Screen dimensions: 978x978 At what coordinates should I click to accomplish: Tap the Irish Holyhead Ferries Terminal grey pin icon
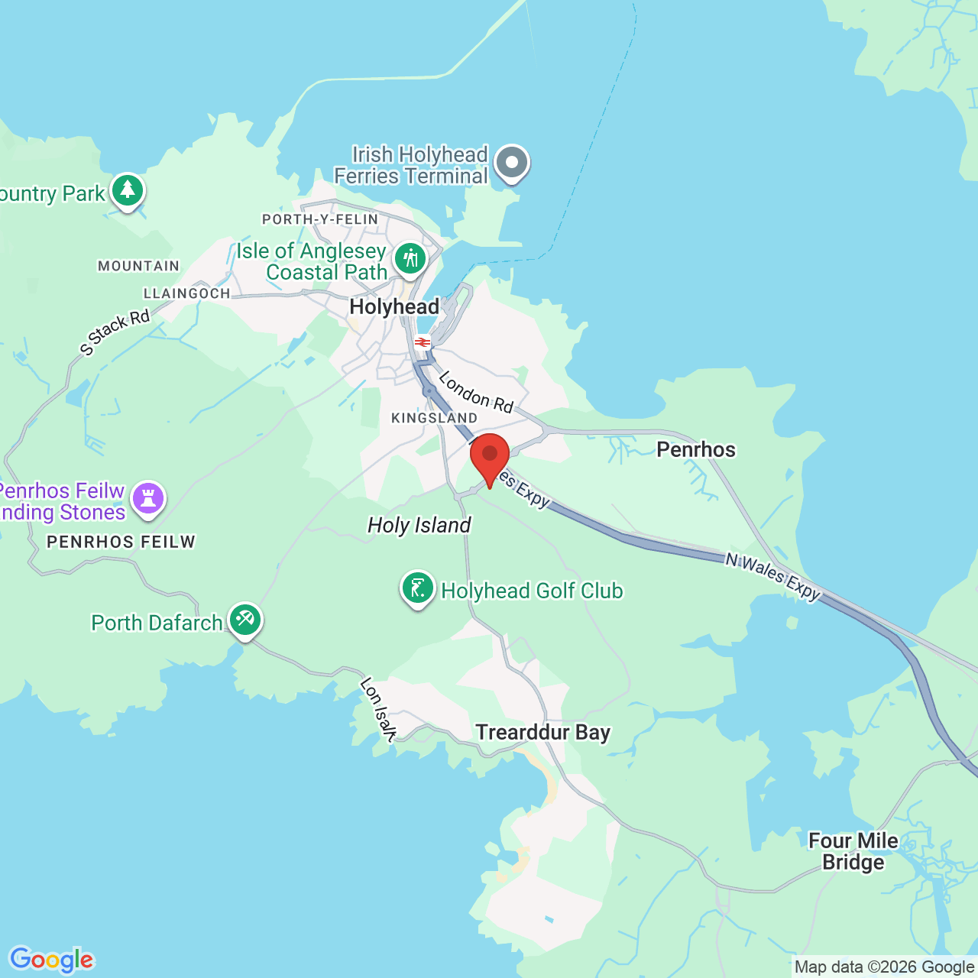[x=512, y=163]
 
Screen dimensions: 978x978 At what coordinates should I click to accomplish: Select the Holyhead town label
[x=394, y=307]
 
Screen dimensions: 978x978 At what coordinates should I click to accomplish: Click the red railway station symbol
[x=423, y=342]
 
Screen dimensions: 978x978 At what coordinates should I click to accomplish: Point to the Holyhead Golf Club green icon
[x=418, y=588]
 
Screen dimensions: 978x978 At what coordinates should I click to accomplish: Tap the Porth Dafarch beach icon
[x=244, y=620]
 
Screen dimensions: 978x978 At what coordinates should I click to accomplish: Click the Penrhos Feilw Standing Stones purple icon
[x=148, y=499]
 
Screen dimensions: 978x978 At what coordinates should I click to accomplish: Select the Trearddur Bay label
[x=543, y=733]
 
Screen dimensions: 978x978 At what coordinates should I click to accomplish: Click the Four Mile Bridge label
[x=853, y=851]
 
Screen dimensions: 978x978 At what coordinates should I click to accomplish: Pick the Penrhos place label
[x=696, y=449]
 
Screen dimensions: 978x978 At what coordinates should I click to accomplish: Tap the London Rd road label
[x=475, y=392]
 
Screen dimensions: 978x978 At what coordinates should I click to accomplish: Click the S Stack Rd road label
[x=115, y=332]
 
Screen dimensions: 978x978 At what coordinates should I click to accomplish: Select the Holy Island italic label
[x=419, y=526]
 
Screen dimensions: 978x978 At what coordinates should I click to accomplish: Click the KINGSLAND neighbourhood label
[x=434, y=418]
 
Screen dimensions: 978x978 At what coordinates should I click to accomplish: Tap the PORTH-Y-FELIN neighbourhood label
[x=320, y=219]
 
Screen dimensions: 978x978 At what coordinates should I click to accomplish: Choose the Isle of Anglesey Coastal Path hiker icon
[x=411, y=258]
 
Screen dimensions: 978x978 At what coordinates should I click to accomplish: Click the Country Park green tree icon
[x=128, y=190]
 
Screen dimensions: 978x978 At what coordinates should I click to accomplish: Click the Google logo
[x=52, y=960]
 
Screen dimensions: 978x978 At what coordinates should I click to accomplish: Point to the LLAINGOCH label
[x=187, y=293]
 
